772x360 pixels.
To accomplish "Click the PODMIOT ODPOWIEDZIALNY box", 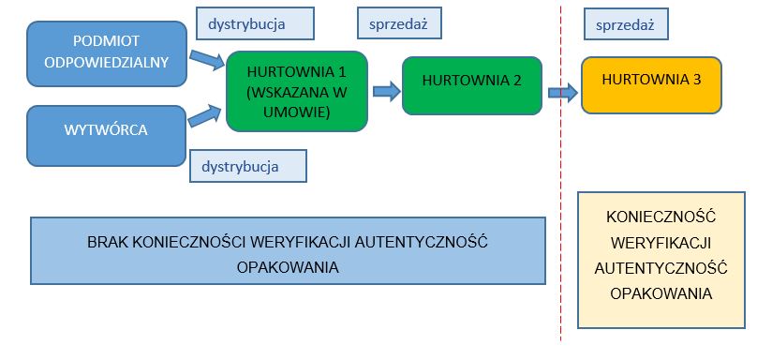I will (x=107, y=52).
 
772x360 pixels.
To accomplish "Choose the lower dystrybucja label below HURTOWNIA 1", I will (x=248, y=166).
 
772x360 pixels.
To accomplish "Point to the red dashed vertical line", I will (x=560, y=187).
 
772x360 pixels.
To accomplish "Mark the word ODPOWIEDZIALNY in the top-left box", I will (x=107, y=62).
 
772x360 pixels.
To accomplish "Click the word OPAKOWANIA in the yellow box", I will (x=661, y=292).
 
